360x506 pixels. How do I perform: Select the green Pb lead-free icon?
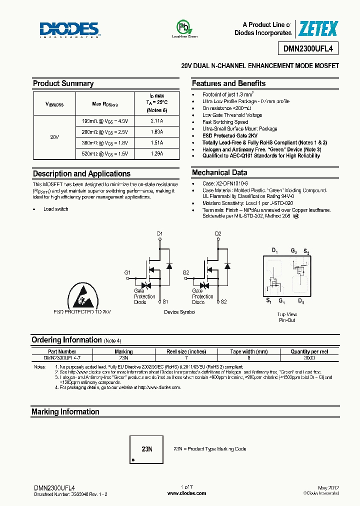(x=184, y=27)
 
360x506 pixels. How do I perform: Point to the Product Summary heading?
(x=63, y=83)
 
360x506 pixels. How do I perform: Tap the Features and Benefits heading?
(x=228, y=83)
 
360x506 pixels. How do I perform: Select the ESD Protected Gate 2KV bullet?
(x=229, y=135)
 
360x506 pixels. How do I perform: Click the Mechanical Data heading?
(x=219, y=172)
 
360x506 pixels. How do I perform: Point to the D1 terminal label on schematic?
(x=159, y=233)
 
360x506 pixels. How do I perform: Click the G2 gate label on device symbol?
(x=185, y=272)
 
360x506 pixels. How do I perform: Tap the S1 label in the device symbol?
(x=165, y=301)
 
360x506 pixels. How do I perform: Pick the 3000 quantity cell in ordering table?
(x=309, y=358)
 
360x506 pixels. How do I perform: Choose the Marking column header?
(x=123, y=351)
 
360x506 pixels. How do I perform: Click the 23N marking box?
(x=146, y=449)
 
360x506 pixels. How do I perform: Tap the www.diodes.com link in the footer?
(x=186, y=493)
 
